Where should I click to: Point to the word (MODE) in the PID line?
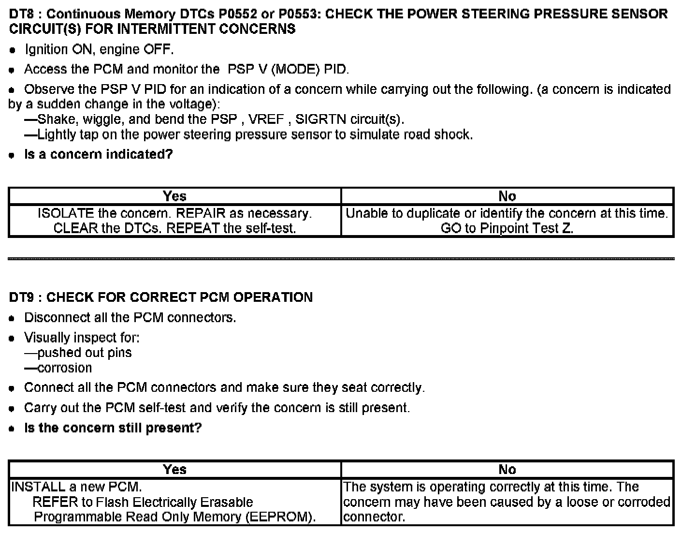click(x=295, y=70)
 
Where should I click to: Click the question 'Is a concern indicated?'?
click(x=98, y=155)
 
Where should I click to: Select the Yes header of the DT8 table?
click(x=174, y=196)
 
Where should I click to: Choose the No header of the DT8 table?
click(x=507, y=196)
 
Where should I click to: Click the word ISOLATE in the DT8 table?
click(x=65, y=213)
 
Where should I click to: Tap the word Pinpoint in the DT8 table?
click(x=503, y=228)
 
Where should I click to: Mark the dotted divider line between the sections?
click(x=341, y=259)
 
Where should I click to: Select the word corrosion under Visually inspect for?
click(x=64, y=368)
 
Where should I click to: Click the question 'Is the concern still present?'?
click(x=113, y=428)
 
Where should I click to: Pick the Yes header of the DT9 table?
click(x=174, y=470)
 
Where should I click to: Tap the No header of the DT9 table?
click(x=507, y=470)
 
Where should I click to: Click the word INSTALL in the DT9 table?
click(x=36, y=487)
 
